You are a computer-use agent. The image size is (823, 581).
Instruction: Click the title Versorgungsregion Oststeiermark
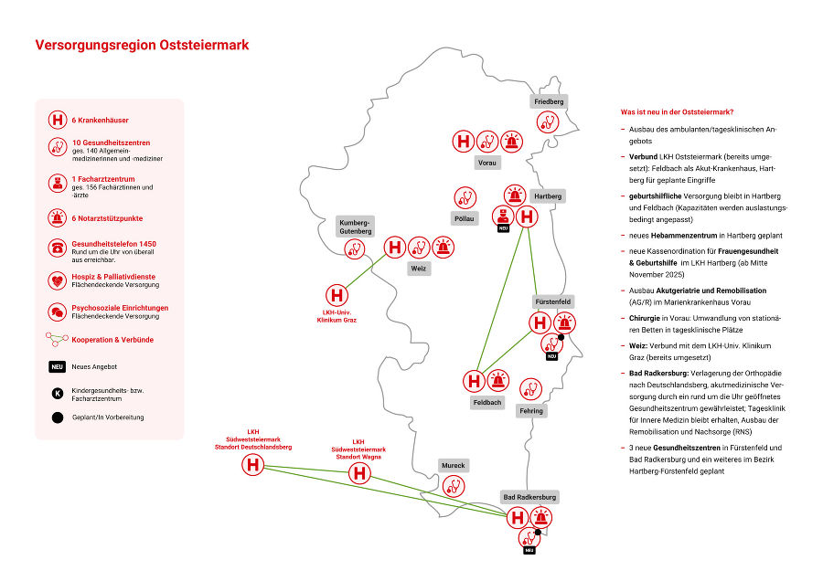142,45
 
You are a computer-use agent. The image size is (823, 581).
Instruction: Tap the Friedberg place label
549,100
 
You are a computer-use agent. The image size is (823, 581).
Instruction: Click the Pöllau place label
465,219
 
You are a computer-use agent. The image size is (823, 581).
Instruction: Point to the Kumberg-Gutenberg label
355,227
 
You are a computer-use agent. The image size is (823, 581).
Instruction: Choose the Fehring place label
530,410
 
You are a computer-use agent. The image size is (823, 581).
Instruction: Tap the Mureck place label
453,465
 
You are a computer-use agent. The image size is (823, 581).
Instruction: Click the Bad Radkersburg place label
529,497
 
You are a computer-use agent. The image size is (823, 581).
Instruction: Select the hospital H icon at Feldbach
474,380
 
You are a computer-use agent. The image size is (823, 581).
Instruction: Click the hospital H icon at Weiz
394,247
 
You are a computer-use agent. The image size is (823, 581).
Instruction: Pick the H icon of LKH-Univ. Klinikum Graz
337,295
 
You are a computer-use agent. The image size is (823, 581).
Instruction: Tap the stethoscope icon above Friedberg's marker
548,121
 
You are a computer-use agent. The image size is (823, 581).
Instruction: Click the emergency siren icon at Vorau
512,142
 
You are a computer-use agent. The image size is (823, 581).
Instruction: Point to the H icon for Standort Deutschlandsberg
252,466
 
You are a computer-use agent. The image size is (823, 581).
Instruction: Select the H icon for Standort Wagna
359,473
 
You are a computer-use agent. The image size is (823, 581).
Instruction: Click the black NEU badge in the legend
57,366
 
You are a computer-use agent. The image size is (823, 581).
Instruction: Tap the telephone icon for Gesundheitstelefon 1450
57,248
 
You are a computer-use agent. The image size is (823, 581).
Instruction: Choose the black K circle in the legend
57,393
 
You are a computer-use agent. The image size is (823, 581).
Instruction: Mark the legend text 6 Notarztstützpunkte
107,218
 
